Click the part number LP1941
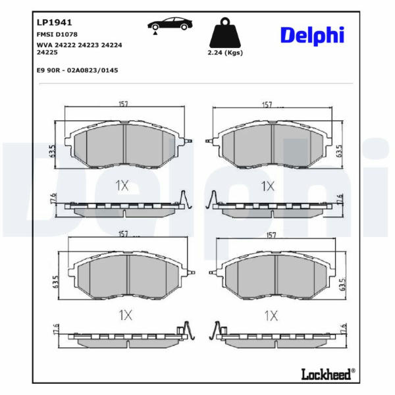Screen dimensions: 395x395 click(54, 22)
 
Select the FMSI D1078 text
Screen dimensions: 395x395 click(57, 34)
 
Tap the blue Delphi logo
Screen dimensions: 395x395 click(312, 36)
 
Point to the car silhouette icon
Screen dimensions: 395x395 click(170, 25)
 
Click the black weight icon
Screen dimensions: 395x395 click(225, 33)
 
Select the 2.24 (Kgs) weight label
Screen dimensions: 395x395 click(225, 53)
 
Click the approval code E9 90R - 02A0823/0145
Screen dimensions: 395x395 click(77, 70)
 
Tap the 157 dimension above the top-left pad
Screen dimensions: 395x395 click(124, 104)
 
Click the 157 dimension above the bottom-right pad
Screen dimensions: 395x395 click(271, 235)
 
